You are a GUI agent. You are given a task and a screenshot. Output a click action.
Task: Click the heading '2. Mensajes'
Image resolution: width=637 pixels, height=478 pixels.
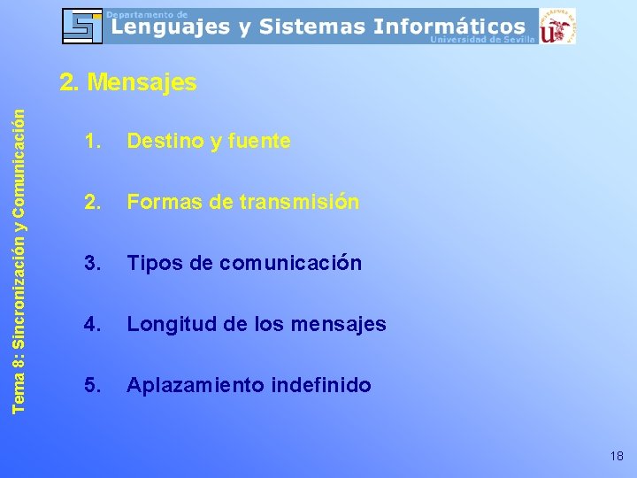point(128,83)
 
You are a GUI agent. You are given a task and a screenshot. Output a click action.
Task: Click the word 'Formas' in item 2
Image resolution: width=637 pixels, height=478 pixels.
point(165,202)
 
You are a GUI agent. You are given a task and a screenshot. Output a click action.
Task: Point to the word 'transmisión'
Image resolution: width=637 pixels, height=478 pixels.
point(299,202)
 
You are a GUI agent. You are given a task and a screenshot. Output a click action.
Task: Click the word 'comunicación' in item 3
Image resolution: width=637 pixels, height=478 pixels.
point(290,263)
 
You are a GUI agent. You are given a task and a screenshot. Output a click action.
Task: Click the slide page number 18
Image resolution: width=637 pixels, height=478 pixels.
point(617,456)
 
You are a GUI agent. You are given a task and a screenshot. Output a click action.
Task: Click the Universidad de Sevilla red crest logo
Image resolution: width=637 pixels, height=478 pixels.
point(556,26)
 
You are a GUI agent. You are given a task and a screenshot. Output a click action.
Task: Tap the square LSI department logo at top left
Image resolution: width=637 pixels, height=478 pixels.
point(82,26)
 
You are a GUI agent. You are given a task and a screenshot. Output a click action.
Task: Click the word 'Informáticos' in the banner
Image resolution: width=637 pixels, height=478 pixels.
point(449,27)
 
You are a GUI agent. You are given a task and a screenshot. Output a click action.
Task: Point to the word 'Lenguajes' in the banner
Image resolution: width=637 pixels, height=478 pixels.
point(169,27)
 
